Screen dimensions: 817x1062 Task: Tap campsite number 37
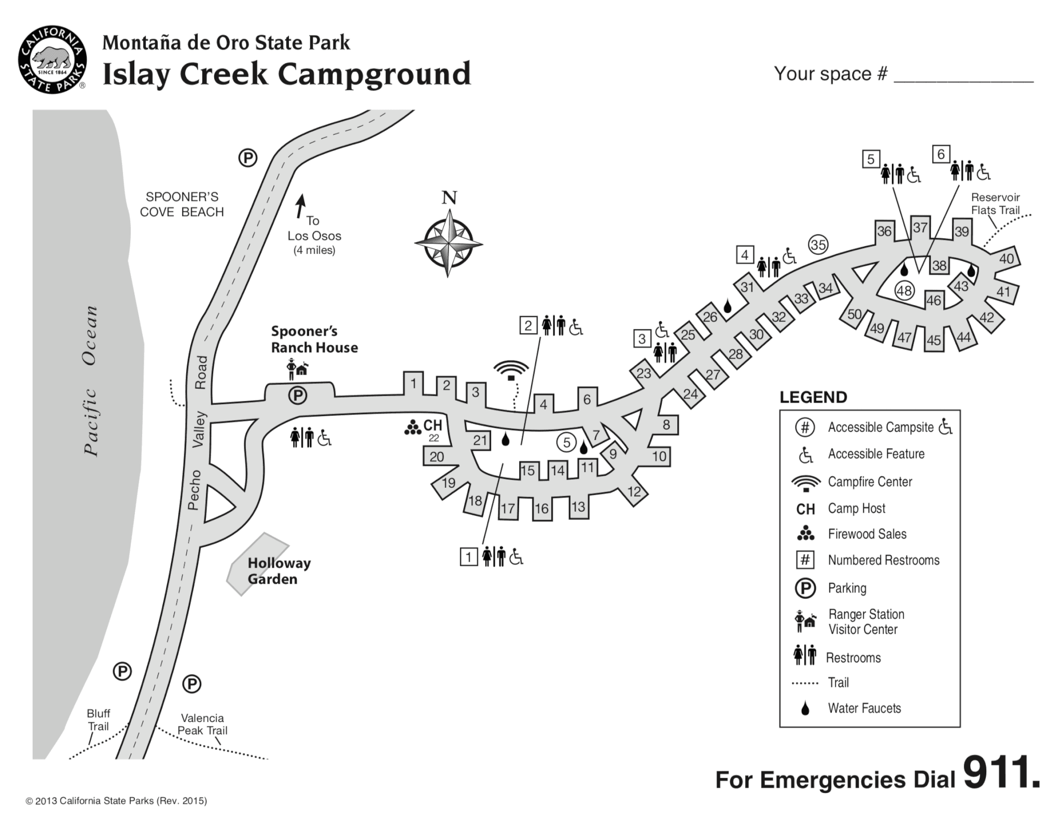click(x=920, y=228)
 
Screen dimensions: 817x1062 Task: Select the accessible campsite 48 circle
click(x=904, y=291)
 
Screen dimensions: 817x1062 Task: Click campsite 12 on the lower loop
click(x=634, y=491)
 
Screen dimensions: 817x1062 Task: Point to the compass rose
click(x=449, y=243)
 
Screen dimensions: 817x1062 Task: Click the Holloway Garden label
click(x=278, y=571)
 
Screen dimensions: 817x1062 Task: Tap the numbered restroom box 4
click(x=745, y=255)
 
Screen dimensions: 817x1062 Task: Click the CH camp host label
click(x=432, y=426)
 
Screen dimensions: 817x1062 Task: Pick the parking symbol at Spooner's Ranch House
click(x=298, y=396)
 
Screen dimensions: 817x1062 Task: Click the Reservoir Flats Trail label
click(x=995, y=204)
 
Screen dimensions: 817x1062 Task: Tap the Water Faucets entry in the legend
click(x=864, y=708)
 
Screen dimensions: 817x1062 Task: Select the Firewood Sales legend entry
click(x=867, y=534)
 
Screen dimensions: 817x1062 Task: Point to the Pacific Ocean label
click(x=91, y=381)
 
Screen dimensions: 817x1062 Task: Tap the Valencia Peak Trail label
click(x=202, y=724)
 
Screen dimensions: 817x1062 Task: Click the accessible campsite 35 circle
click(x=818, y=244)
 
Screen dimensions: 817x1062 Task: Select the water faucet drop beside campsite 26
click(x=728, y=307)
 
